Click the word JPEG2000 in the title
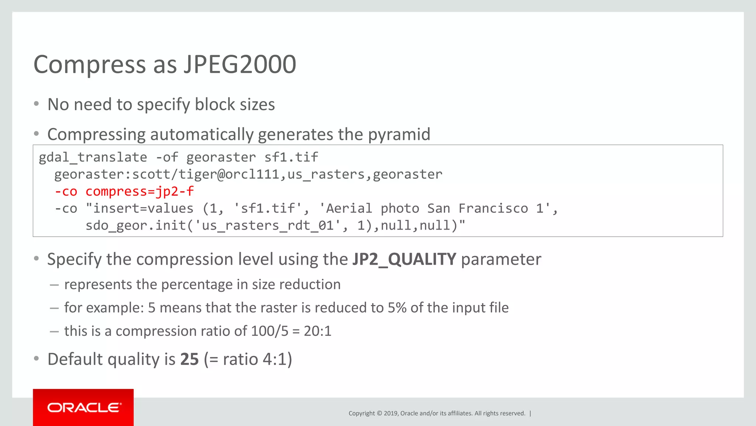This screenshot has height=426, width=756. tap(240, 65)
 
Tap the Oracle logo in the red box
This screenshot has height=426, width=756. tap(84, 408)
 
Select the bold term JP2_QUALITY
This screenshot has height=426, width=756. tap(404, 259)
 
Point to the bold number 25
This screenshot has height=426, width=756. tap(189, 359)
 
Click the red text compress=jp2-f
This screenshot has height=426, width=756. tap(140, 192)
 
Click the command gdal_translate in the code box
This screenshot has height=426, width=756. tap(93, 158)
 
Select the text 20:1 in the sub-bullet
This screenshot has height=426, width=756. tap(317, 331)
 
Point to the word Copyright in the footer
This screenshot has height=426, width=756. tap(361, 413)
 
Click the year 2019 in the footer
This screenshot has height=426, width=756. tap(391, 413)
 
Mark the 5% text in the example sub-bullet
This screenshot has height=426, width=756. tap(397, 308)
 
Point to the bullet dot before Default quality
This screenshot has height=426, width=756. tap(36, 359)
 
